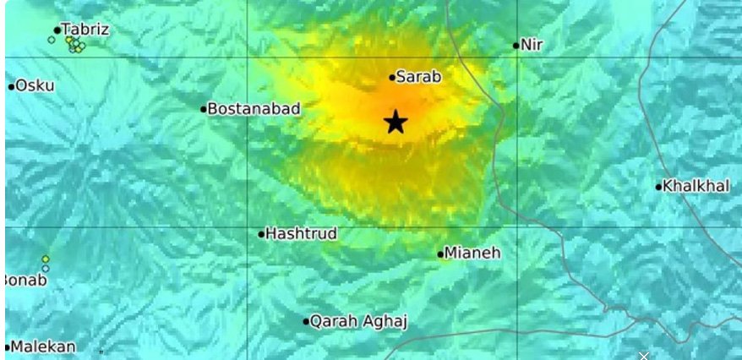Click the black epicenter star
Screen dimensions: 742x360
coord(395,123)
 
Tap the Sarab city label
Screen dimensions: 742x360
coord(419,77)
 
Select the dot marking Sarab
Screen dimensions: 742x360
coord(392,78)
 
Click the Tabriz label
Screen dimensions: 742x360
coord(86,30)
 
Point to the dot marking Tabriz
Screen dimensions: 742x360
coord(57,30)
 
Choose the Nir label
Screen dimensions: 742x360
coord(532,45)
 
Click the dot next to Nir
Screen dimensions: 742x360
coord(516,46)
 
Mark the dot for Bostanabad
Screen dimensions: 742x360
coord(204,109)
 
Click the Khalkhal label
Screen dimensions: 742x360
coord(696,186)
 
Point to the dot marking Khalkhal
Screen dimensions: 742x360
coord(659,187)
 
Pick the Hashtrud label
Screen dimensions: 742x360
coord(302,233)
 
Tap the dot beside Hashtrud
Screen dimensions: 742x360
coord(262,234)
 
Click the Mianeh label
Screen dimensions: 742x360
coord(473,253)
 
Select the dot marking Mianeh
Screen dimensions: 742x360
coord(441,254)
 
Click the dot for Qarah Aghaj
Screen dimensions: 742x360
coord(307,321)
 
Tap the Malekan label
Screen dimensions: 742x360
coord(44,346)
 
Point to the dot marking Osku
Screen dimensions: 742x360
coord(11,86)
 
